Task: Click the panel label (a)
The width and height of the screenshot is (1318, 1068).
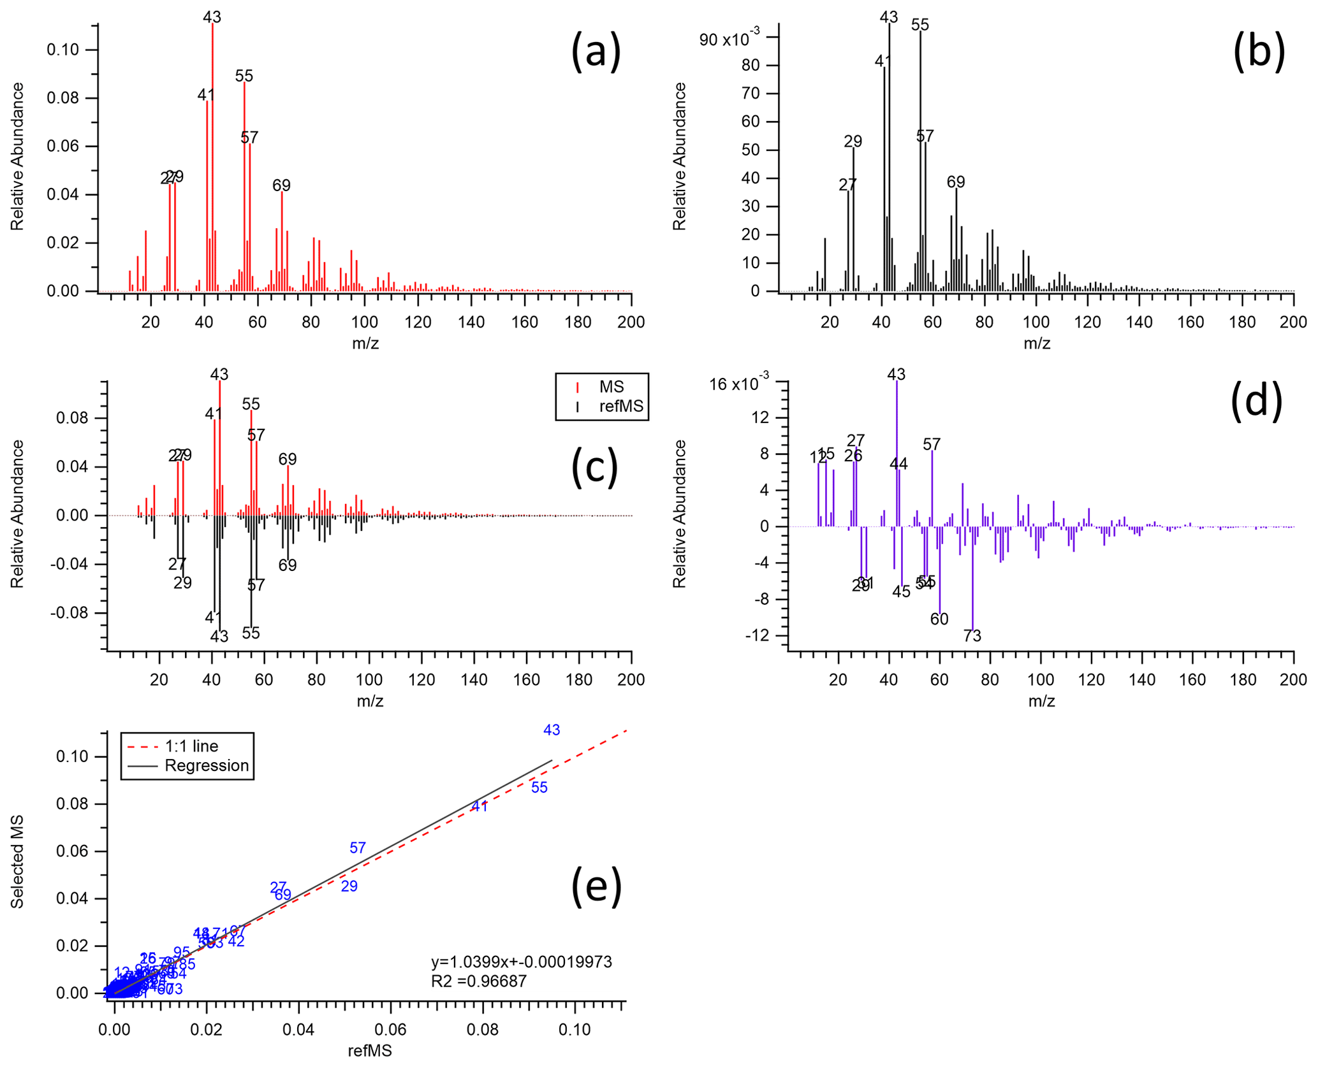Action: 595,52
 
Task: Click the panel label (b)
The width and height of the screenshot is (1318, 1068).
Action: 1258,52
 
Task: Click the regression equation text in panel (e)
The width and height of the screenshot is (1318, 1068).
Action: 521,962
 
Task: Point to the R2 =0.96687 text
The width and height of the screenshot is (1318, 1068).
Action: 479,981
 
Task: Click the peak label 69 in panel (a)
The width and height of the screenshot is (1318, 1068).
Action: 281,185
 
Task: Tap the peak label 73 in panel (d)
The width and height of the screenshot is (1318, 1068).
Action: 972,635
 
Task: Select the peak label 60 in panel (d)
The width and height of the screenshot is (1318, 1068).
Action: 939,619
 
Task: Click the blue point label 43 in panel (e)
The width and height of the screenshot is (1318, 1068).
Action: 552,730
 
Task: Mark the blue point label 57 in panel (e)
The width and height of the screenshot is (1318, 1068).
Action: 358,848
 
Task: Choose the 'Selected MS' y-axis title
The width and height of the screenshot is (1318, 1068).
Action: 17,862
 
